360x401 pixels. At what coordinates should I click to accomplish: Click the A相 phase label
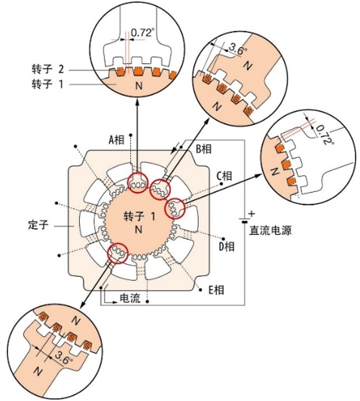tap(117, 140)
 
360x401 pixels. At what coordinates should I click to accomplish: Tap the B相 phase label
tap(204, 148)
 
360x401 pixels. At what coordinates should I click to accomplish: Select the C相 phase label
tap(224, 176)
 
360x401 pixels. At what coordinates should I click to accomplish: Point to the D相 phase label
tap(227, 247)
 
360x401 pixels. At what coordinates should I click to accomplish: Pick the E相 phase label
tap(216, 290)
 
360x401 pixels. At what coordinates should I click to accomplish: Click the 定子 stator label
tap(38, 225)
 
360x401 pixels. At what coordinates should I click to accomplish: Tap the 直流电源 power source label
tap(270, 230)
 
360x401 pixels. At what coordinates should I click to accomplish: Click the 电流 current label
tap(130, 298)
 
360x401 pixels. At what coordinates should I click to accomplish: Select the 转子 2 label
tap(47, 69)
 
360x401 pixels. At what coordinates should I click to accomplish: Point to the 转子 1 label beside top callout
tap(47, 84)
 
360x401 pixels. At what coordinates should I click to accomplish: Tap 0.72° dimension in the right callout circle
tap(325, 134)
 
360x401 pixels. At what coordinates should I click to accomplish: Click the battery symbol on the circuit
tap(245, 220)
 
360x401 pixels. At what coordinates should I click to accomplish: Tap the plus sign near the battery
tap(252, 213)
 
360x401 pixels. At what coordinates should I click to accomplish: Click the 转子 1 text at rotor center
tap(139, 217)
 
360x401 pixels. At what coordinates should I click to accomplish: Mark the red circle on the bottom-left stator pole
tap(117, 254)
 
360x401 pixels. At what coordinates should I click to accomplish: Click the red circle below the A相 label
tap(138, 183)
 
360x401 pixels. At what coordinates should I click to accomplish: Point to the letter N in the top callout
tap(139, 86)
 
